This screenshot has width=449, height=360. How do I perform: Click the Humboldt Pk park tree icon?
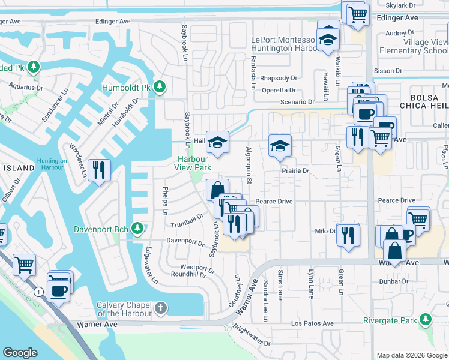[159, 88]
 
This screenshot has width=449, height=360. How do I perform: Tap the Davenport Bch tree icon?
[137, 229]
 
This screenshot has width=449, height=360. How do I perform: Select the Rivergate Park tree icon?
[426, 319]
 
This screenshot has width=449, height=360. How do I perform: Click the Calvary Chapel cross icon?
[160, 308]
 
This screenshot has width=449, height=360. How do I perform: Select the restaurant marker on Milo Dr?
[347, 234]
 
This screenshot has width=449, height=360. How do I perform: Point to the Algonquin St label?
[247, 162]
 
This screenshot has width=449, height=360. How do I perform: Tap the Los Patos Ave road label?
[312, 323]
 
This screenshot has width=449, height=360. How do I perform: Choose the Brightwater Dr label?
[251, 337]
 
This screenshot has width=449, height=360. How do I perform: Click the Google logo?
[20, 353]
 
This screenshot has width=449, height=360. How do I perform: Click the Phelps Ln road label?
[166, 202]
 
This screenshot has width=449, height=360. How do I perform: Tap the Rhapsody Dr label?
[279, 78]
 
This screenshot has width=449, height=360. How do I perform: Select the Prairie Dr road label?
[295, 171]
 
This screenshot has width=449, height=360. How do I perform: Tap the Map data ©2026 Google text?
[411, 355]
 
